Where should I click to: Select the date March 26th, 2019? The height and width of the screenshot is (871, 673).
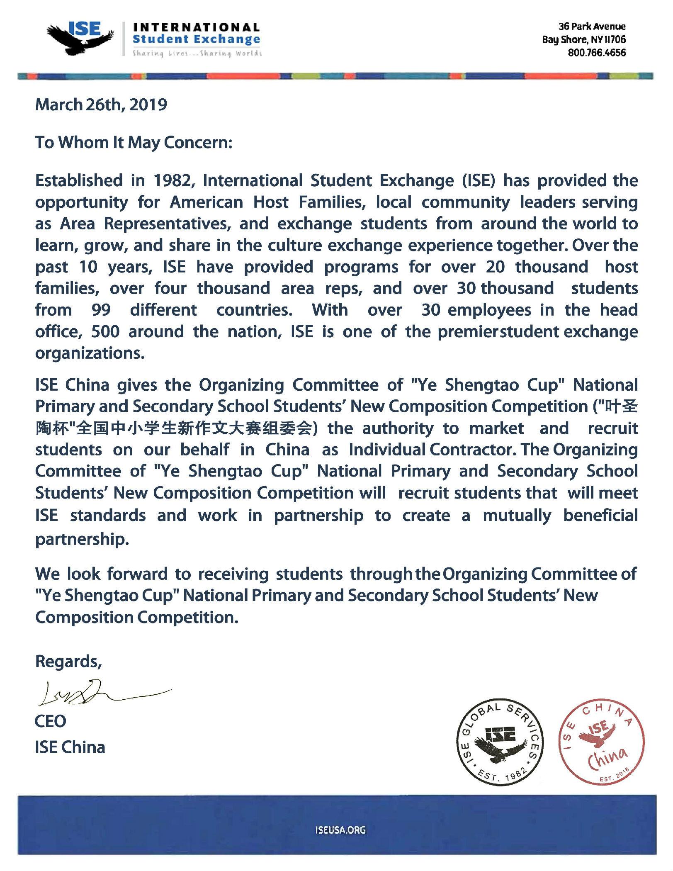[x=101, y=105]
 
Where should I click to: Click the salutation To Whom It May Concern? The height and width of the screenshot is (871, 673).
[x=134, y=142]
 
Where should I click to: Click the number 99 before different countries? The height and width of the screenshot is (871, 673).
[x=101, y=310]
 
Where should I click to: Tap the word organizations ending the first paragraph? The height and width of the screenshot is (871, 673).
[x=90, y=353]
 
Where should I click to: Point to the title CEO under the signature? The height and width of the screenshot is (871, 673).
[x=51, y=721]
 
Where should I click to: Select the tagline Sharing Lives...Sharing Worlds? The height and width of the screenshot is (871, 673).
[x=197, y=54]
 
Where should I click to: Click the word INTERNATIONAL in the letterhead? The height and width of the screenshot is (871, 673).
[x=196, y=28]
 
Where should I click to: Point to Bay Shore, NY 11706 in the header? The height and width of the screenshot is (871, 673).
[x=584, y=40]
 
